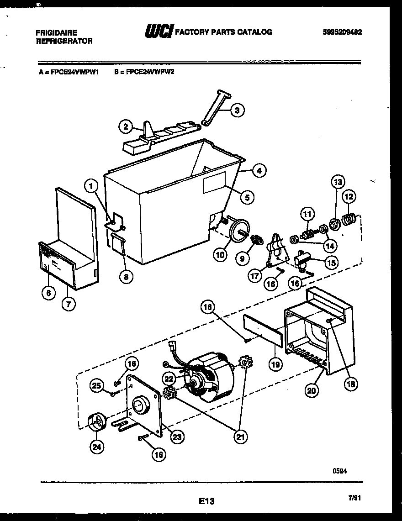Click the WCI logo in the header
(x=159, y=32)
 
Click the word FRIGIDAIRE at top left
(x=56, y=33)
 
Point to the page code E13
(x=206, y=501)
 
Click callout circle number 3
(x=236, y=110)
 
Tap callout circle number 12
(x=349, y=197)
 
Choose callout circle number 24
(x=96, y=447)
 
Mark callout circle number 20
(x=312, y=390)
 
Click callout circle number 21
(x=240, y=437)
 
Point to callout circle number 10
(x=220, y=254)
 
